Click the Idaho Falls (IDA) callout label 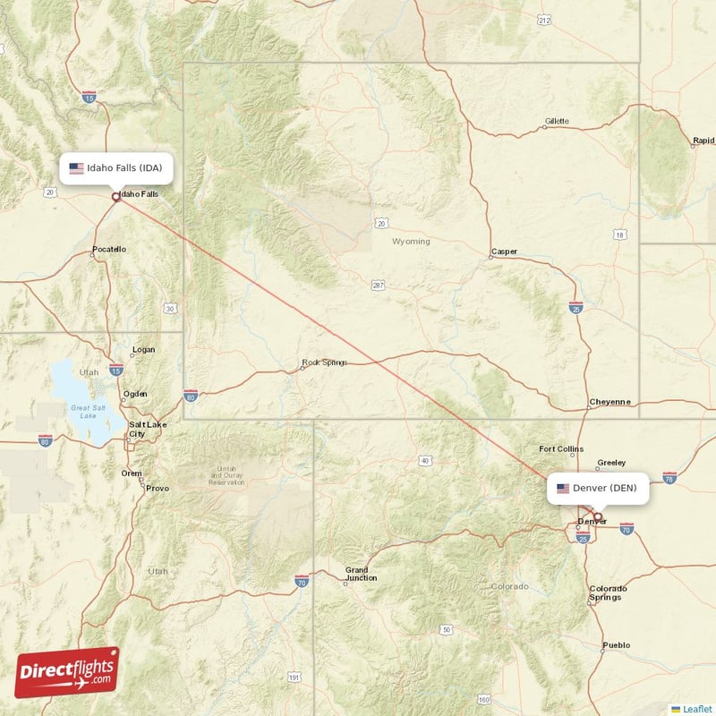111,168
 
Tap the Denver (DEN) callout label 598,488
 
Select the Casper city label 504,251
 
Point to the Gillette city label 557,120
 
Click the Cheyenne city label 609,403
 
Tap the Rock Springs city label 324,362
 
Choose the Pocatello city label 109,249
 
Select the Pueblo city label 616,645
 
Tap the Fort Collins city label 560,449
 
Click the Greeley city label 611,463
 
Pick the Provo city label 158,488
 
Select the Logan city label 143,349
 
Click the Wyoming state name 411,242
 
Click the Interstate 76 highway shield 669,478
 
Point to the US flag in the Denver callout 563,488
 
